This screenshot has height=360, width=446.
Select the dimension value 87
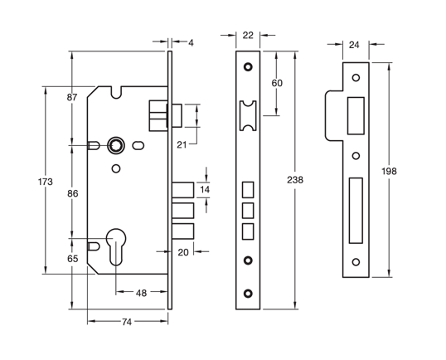pos(73,98)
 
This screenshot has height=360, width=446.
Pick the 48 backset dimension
pos(142,292)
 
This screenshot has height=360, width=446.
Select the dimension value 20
pos(183,252)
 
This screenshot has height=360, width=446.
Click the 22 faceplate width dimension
pos(248,35)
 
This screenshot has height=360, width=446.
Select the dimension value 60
pos(277,83)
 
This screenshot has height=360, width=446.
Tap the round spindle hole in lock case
pos(116,146)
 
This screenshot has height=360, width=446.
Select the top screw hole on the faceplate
pos(248,66)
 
